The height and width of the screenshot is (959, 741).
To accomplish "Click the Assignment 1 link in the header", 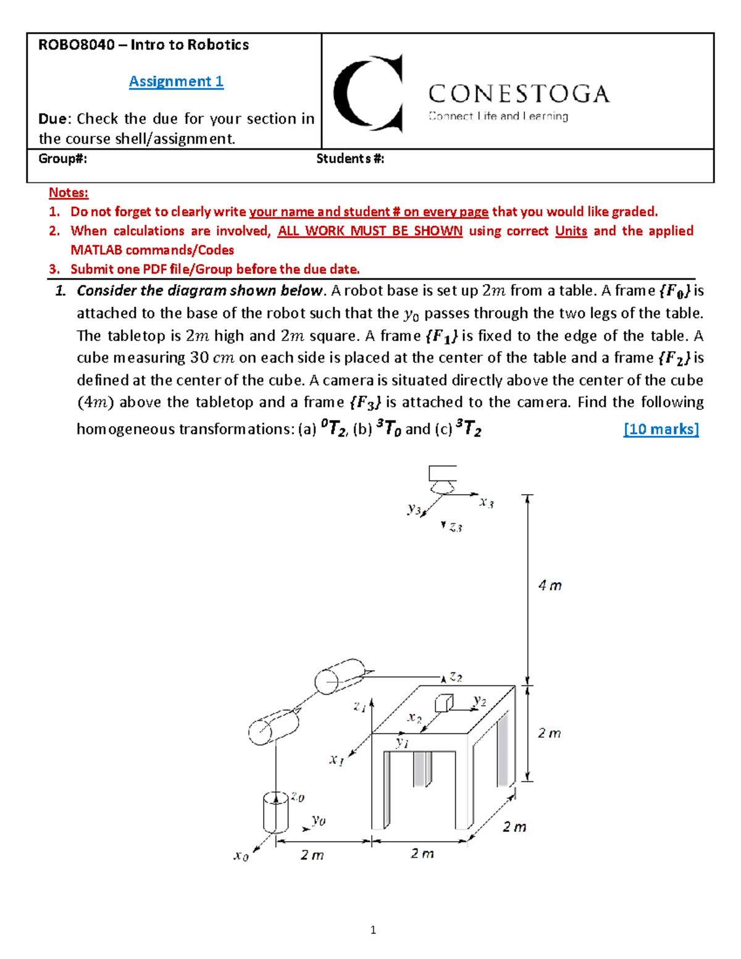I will [x=176, y=82].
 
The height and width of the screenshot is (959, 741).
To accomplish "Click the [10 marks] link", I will [x=661, y=429].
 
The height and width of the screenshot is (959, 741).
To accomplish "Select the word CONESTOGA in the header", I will [x=519, y=94].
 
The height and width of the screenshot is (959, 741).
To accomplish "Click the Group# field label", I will [x=62, y=159].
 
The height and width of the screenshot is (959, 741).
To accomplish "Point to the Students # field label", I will [x=350, y=159].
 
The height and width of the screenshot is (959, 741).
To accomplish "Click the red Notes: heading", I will [x=69, y=193].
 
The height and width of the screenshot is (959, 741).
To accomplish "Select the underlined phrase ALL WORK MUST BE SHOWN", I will [x=369, y=231].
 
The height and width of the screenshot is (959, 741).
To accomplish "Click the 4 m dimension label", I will [x=550, y=585].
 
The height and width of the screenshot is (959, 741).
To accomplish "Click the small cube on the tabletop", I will [x=444, y=703].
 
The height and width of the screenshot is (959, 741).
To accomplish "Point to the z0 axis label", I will [x=297, y=797].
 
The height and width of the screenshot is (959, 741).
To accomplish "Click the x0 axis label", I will [x=241, y=856].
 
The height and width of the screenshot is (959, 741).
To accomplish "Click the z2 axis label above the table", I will [x=456, y=677].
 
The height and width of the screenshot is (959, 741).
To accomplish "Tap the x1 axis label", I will [x=336, y=760].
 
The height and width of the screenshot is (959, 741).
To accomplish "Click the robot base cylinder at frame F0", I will [x=275, y=812].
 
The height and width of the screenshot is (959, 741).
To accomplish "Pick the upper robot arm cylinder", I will [x=340, y=676].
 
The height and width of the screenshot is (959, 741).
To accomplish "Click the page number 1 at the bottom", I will [x=373, y=930].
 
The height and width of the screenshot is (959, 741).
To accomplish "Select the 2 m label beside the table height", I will [x=549, y=733].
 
